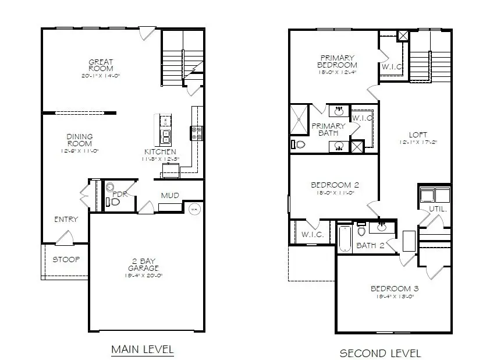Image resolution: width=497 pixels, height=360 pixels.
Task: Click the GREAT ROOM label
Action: pos(101,65)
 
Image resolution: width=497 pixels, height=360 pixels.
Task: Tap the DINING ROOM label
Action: pos(80,140)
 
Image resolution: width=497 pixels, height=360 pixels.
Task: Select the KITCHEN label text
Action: pos(160,152)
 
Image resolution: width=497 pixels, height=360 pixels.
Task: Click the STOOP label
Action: pos(66,259)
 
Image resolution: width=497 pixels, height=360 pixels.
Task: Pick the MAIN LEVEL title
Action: pos(143,350)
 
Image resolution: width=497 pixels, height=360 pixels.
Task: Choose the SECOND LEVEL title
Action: pos(380,353)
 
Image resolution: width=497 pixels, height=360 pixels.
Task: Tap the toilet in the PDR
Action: pos(114,202)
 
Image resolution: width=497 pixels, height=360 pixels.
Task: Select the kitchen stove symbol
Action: pos(195,133)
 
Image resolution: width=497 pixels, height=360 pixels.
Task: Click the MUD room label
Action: pos(170,196)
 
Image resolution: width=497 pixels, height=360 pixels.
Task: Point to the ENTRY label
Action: pos(66,220)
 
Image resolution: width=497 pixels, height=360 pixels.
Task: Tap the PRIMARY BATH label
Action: pos(328,129)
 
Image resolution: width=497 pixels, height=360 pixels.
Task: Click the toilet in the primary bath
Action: pos(299,144)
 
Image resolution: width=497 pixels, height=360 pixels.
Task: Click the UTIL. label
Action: pos(438,208)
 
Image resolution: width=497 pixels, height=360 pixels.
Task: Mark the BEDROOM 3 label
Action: pos(395,288)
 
